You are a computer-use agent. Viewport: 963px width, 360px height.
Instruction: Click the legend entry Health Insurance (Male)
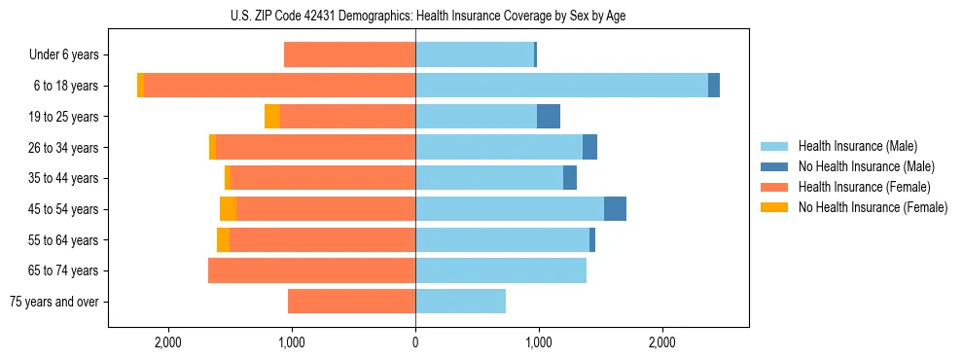click(857, 146)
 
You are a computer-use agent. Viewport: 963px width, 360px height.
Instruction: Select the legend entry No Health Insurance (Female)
click(873, 207)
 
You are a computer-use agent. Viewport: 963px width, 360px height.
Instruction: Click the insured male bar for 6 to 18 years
click(561, 86)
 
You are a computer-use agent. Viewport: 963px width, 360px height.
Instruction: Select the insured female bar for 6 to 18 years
click(279, 86)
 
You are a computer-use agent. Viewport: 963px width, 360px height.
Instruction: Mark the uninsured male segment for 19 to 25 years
click(549, 117)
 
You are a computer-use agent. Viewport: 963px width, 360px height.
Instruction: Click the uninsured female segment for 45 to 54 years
click(228, 209)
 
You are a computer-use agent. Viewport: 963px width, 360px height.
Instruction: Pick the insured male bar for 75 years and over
click(460, 302)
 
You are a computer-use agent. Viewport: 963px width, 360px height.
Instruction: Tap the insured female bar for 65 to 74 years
click(311, 270)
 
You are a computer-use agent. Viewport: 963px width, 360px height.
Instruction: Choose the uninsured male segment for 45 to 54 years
click(615, 209)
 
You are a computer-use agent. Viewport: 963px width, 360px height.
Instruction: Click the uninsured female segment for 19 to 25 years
click(272, 117)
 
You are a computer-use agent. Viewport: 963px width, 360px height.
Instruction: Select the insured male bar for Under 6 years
click(475, 54)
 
